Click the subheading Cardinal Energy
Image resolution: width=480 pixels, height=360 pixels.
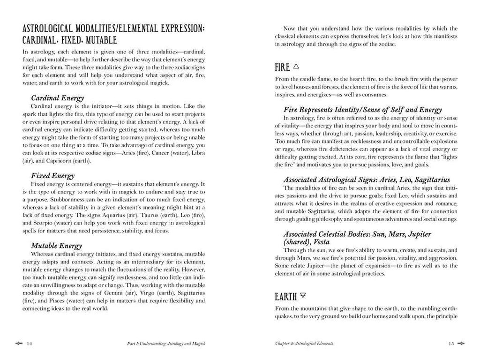(x=57, y=98)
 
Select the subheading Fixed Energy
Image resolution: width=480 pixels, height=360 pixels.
(x=52, y=176)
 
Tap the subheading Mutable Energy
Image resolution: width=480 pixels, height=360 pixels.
(x=56, y=246)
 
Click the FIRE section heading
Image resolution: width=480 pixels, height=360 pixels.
(x=282, y=67)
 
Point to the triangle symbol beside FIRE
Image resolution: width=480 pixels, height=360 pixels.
(x=296, y=67)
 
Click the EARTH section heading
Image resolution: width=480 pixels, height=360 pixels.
(x=285, y=297)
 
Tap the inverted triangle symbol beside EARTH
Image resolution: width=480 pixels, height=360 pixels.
(x=303, y=296)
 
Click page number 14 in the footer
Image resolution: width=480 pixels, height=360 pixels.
(x=29, y=344)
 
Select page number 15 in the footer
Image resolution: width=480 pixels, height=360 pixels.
(x=451, y=344)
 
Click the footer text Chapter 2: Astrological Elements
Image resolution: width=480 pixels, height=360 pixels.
(x=304, y=344)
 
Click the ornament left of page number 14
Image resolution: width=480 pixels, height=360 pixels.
(x=18, y=344)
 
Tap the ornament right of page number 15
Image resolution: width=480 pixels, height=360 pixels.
(x=462, y=344)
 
